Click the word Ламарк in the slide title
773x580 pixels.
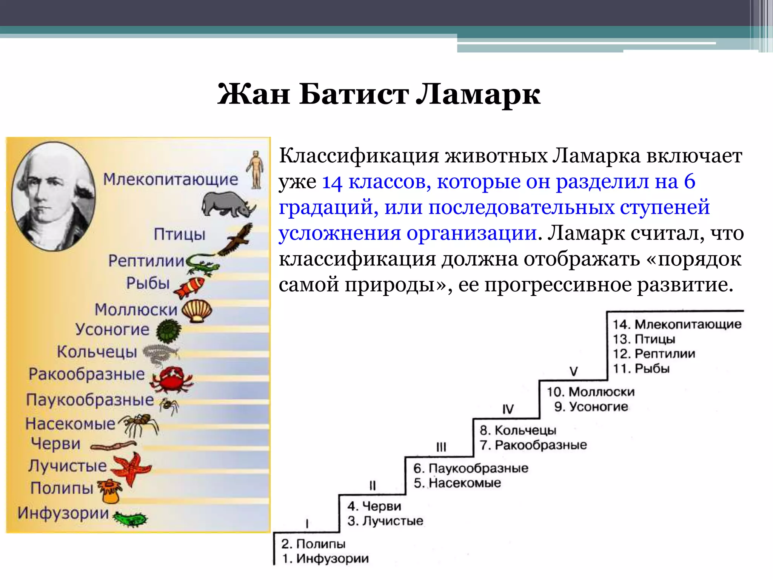pyautogui.click(x=478, y=94)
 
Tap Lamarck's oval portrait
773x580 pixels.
pyautogui.click(x=53, y=196)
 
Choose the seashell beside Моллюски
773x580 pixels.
pyautogui.click(x=197, y=310)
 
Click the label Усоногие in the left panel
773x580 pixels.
pyautogui.click(x=112, y=330)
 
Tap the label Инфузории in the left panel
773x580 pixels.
pyautogui.click(x=63, y=513)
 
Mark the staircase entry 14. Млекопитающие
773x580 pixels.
pyautogui.click(x=676, y=324)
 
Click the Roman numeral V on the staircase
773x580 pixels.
pyautogui.click(x=573, y=372)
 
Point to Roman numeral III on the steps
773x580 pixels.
pyautogui.click(x=441, y=447)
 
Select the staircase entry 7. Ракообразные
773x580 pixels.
pyautogui.click(x=533, y=445)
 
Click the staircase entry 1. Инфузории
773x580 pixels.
pyautogui.click(x=325, y=558)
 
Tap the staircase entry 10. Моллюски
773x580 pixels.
pyautogui.click(x=591, y=392)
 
